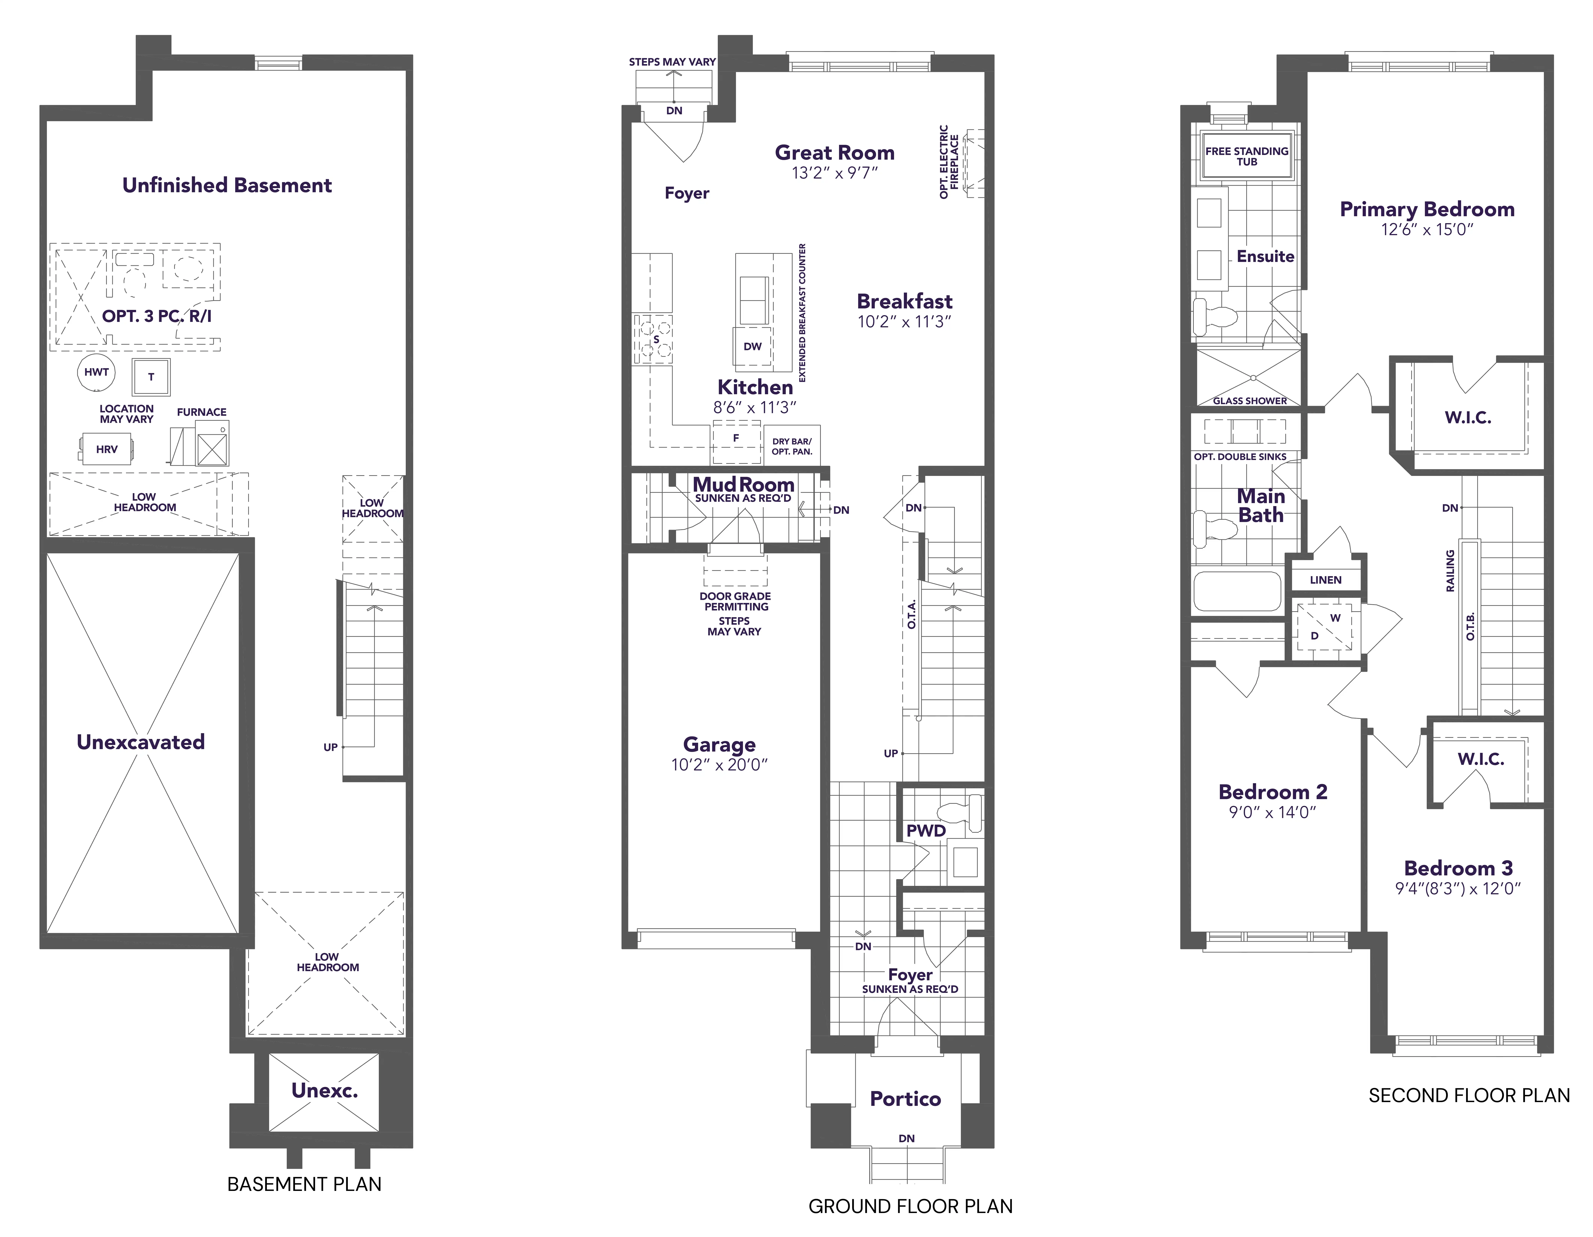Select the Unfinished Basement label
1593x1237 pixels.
click(227, 185)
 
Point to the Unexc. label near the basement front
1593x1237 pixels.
click(325, 1090)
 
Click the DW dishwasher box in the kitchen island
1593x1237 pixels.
click(753, 346)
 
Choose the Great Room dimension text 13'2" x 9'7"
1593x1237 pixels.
click(834, 173)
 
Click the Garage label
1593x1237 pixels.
click(719, 745)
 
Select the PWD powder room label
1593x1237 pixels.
click(926, 831)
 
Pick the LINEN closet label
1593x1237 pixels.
click(1325, 580)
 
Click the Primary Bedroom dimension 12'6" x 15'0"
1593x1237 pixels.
click(1427, 229)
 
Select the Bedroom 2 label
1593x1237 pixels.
click(1273, 792)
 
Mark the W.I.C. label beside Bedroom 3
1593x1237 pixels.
click(1481, 759)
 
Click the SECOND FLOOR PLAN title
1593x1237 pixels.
click(1469, 1096)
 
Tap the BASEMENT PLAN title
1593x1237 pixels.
click(304, 1184)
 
